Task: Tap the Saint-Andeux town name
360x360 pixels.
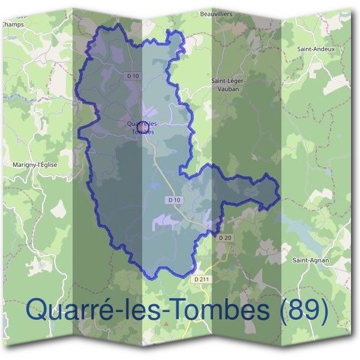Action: coord(319,49)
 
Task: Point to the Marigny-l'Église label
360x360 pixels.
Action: coord(34,164)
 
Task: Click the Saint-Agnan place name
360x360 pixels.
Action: coord(309,260)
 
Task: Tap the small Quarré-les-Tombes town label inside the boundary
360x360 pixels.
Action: coord(141,127)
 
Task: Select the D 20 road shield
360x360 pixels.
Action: coord(225,238)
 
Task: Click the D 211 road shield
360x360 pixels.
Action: coord(203,280)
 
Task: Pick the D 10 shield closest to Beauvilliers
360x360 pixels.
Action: coord(133,76)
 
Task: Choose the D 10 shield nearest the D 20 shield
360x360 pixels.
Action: coord(174,199)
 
